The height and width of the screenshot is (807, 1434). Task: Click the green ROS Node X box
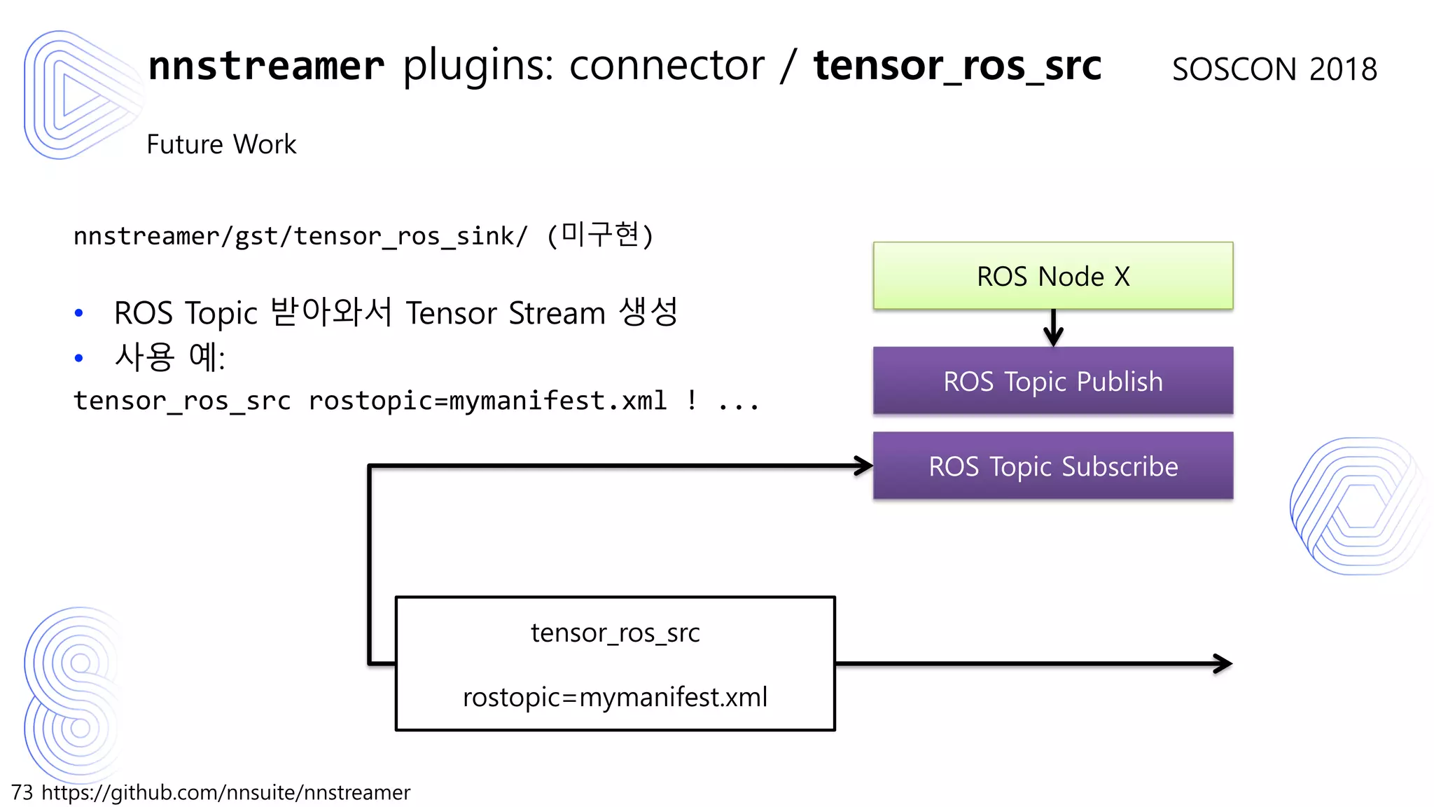1052,276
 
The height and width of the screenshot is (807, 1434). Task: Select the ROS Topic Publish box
1052,381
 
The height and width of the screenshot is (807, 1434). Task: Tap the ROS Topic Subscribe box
1052,466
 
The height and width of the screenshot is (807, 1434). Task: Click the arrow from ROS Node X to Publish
1053,328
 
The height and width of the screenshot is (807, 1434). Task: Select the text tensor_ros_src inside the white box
615,633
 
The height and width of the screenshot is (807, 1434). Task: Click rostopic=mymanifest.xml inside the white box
615,697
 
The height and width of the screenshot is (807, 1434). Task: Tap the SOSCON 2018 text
1274,69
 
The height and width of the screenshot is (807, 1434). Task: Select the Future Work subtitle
221,144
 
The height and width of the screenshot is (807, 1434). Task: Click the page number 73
22,792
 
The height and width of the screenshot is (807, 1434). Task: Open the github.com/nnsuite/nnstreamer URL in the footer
225,792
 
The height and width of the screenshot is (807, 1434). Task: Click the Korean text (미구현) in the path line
600,235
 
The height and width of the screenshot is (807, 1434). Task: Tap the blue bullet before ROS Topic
78,313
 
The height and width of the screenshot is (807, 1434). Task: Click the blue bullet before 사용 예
78,358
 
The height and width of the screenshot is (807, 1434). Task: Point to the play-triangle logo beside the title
77,95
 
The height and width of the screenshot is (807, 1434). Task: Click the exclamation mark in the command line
692,400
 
